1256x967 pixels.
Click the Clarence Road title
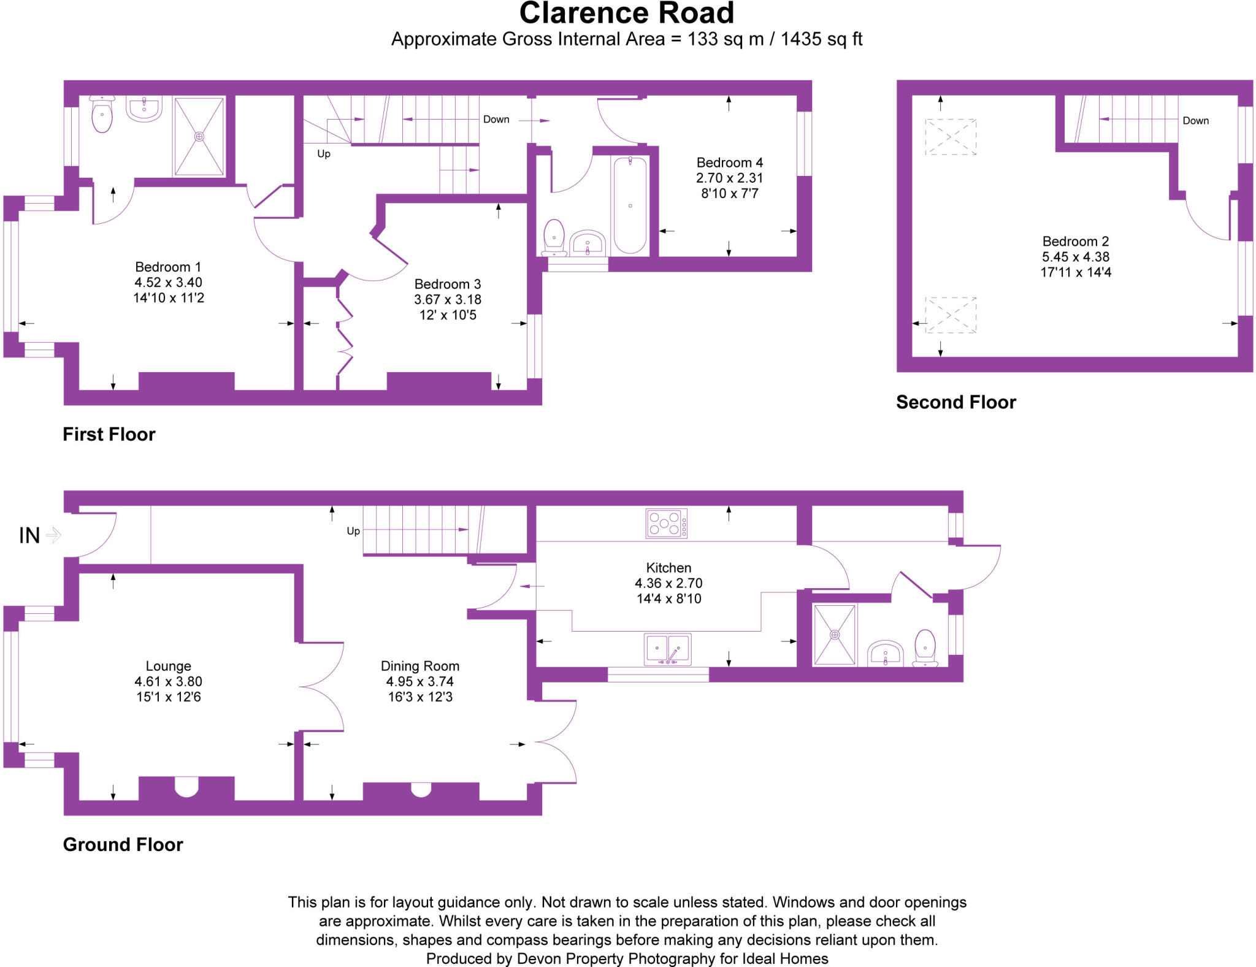click(x=626, y=13)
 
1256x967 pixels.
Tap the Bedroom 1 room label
click(x=168, y=267)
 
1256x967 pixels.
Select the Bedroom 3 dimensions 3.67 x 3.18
click(x=448, y=300)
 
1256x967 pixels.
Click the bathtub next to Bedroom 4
click(x=630, y=205)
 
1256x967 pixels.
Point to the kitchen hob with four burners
click(x=666, y=524)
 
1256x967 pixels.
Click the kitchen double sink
click(x=667, y=649)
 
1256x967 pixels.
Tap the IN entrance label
click(x=29, y=536)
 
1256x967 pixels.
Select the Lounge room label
click(x=168, y=666)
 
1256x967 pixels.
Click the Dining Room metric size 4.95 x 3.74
click(x=419, y=682)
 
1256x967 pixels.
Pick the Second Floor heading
click(x=955, y=402)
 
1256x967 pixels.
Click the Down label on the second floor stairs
click(x=1195, y=121)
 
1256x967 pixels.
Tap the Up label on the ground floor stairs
click(x=353, y=531)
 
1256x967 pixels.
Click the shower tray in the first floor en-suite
click(x=199, y=136)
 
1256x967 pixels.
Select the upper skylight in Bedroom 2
click(x=950, y=137)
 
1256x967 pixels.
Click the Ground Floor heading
click(x=123, y=845)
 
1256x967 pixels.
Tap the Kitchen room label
click(x=668, y=568)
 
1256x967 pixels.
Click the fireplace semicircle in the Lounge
click(x=186, y=786)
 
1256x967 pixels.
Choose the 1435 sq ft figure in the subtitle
click(x=821, y=39)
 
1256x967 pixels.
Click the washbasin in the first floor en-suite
click(x=144, y=109)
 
